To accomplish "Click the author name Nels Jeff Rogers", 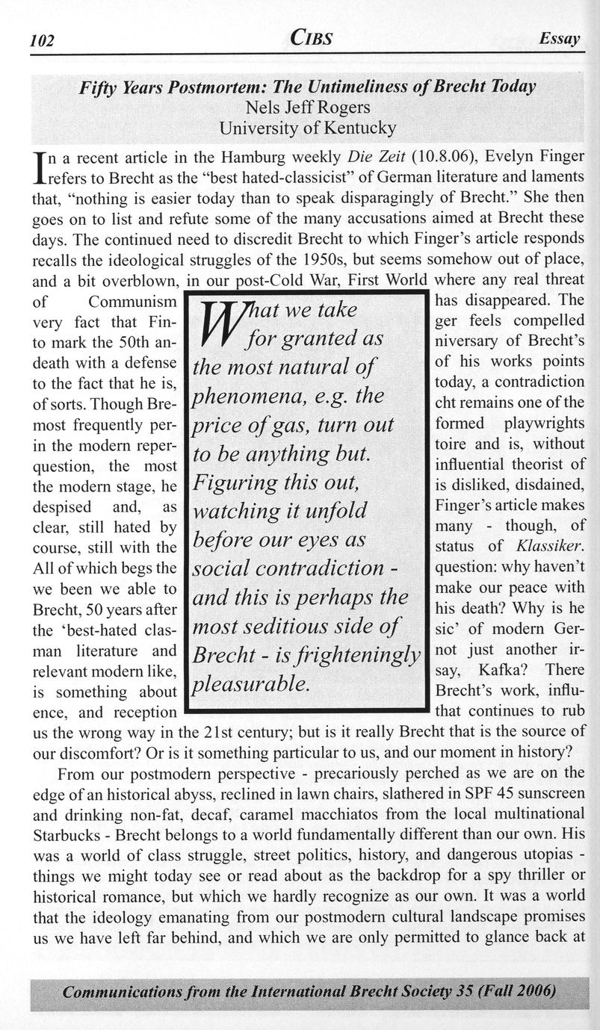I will click(309, 108).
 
